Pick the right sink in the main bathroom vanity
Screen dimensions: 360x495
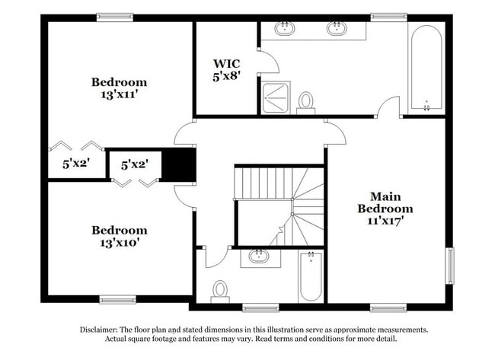click(337, 29)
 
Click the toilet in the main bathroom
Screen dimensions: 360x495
click(306, 101)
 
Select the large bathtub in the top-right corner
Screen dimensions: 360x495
click(426, 69)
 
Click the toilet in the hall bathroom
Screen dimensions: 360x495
click(220, 290)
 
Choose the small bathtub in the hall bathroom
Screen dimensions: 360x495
click(311, 276)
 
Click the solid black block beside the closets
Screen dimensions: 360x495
click(180, 163)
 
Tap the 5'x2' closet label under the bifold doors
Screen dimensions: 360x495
click(75, 163)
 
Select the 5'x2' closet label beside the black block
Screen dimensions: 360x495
click(134, 163)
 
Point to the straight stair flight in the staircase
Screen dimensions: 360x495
click(262, 181)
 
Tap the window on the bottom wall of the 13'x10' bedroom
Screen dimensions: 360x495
click(118, 298)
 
